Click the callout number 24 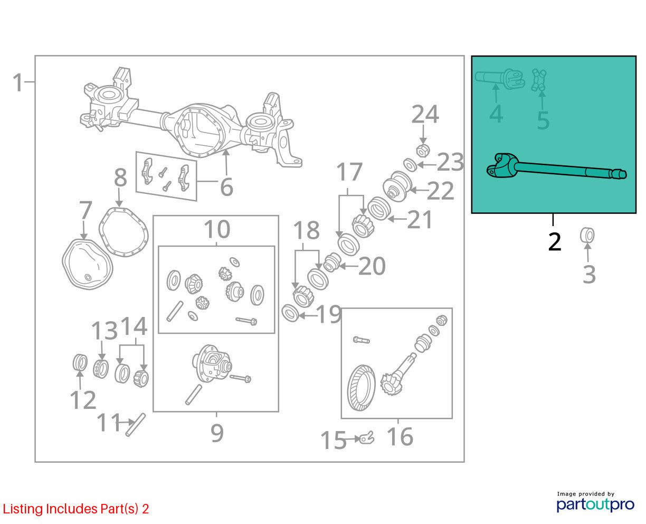pos(425,115)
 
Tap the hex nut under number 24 pos(423,150)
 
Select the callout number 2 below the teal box pos(554,241)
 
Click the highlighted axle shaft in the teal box pos(556,167)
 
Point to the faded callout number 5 pos(543,120)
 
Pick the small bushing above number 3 pos(587,235)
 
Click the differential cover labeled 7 pos(87,264)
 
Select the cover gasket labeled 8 pos(123,232)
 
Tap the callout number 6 pos(226,187)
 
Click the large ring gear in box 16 pos(361,388)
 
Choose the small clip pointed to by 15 pos(367,438)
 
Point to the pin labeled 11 pos(136,425)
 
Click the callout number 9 pos(217,434)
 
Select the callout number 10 pos(217,229)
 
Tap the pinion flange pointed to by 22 pos(397,185)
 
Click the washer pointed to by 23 pos(410,165)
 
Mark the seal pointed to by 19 pos(291,314)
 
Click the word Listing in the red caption pos(23,509)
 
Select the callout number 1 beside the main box pos(18,82)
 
